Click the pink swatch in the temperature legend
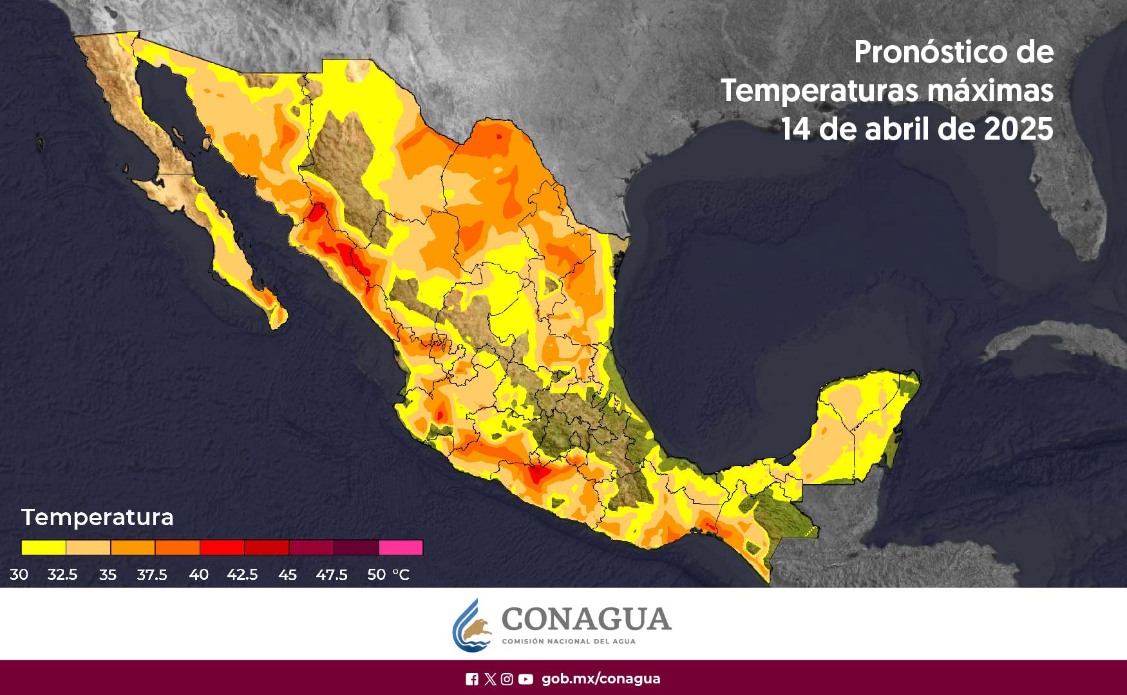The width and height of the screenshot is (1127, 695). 401,548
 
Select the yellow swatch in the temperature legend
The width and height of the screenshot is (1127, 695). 43,548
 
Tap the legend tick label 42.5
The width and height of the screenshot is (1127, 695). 242,575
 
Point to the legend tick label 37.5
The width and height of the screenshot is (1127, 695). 152,575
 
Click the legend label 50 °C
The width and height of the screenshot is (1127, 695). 388,575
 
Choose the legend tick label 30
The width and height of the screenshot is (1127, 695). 19,575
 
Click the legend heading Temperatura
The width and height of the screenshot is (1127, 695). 97,517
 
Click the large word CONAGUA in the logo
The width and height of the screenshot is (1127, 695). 586,619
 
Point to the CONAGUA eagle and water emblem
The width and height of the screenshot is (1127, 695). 473,626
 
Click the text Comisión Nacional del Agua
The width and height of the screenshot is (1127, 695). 568,642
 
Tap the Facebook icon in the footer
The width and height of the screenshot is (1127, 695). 471,679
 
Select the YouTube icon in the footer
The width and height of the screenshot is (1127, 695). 526,679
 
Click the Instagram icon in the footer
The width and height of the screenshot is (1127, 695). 507,679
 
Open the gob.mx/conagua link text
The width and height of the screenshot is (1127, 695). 600,679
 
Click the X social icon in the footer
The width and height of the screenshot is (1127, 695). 489,679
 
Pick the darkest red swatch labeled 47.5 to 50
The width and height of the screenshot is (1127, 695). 356,548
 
